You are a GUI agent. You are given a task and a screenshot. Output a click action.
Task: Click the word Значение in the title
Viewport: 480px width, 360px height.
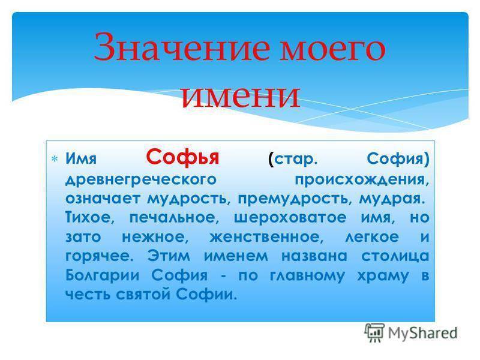(182, 47)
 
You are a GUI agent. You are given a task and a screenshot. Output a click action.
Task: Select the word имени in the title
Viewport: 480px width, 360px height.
(241, 95)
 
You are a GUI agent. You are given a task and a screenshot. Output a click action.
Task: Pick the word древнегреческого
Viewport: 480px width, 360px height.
(141, 179)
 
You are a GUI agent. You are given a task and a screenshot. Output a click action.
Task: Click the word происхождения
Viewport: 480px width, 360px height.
(362, 179)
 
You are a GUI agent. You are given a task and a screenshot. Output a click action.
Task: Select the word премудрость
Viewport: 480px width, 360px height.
(293, 199)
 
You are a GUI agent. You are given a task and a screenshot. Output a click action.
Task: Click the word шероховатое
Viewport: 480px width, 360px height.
(290, 218)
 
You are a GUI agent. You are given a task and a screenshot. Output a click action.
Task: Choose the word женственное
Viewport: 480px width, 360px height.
(266, 237)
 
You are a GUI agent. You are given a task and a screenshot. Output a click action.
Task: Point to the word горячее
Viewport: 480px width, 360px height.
(100, 257)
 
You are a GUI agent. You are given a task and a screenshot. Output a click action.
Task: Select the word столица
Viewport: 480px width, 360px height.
(395, 256)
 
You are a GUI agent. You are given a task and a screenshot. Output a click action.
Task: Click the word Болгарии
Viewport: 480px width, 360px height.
(103, 275)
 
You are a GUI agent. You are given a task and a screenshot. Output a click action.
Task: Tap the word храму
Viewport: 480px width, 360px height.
(383, 276)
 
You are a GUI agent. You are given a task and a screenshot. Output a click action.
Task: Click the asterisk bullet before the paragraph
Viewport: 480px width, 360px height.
(55, 159)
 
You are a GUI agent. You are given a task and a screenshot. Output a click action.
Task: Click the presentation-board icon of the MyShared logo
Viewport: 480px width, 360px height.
(374, 332)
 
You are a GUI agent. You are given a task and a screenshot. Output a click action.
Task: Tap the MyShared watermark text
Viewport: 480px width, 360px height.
(423, 333)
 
